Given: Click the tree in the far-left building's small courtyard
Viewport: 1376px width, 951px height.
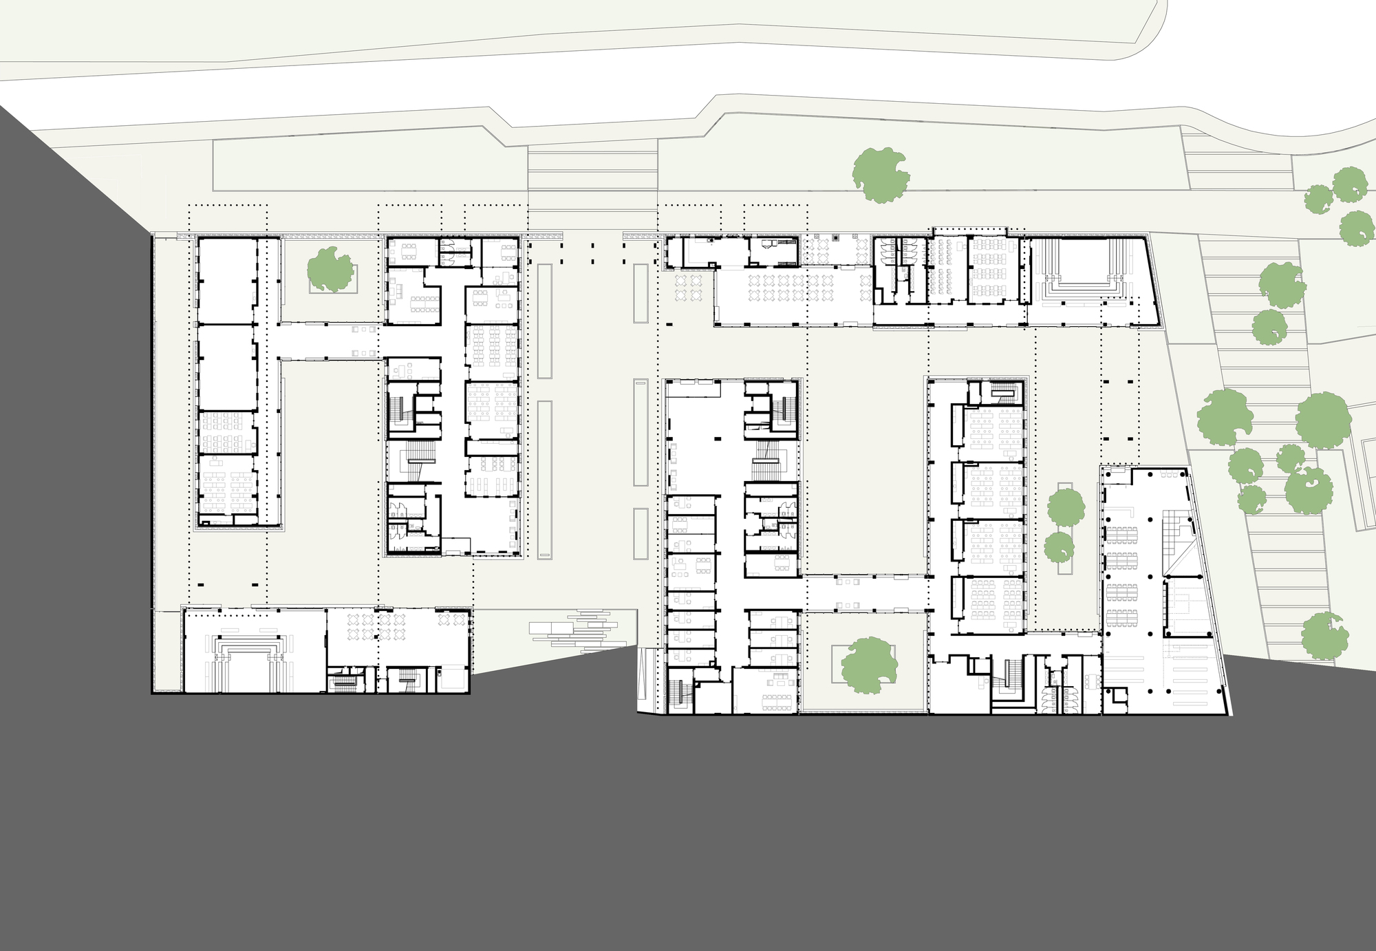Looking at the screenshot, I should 331,269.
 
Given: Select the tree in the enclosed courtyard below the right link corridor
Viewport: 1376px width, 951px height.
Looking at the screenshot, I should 869,665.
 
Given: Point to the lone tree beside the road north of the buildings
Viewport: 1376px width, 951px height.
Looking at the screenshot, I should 881,175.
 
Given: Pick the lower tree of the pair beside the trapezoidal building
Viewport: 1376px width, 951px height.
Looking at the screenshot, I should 1060,547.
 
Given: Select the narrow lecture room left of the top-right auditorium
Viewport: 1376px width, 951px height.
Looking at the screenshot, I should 947,269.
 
